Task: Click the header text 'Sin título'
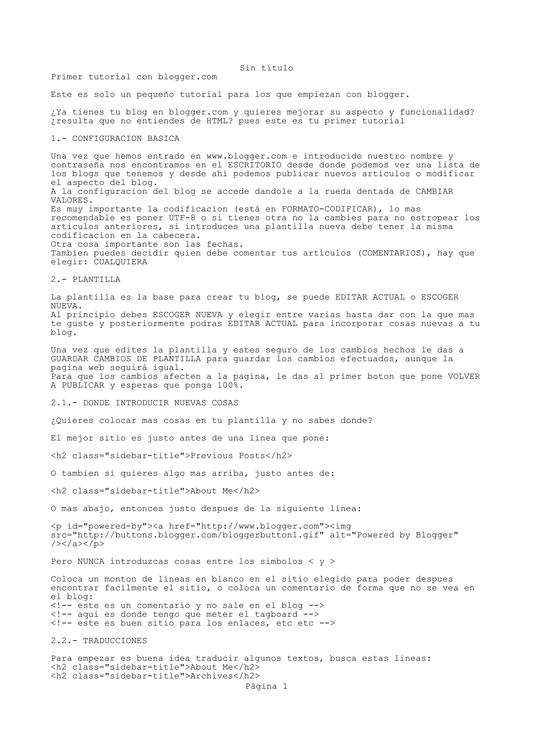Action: pos(266,68)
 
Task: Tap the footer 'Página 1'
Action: pos(266,686)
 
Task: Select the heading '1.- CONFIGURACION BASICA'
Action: pos(115,139)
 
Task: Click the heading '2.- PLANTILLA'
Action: pos(85,279)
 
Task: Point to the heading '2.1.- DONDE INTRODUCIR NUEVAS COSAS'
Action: pos(144,403)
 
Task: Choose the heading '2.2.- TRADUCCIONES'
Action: pos(99,641)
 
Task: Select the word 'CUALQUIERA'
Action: pos(120,262)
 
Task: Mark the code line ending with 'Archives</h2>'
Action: pos(155,676)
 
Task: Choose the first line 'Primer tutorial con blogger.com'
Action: pos(134,77)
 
